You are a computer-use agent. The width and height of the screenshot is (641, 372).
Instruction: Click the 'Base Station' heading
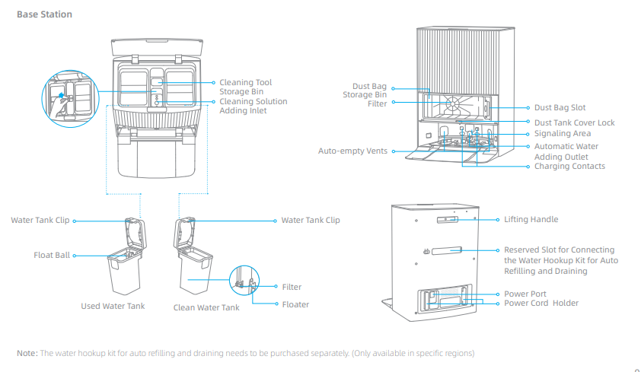[x=44, y=14]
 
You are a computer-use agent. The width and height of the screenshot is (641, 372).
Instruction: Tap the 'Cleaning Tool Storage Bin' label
[x=245, y=87]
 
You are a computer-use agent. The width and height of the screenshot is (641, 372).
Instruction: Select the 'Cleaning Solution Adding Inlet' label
[x=253, y=106]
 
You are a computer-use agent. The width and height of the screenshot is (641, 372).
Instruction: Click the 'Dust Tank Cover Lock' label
[x=574, y=122]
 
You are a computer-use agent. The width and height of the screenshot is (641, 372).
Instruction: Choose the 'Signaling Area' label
[x=562, y=134]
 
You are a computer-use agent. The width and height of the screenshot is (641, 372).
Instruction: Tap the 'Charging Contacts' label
[x=569, y=167]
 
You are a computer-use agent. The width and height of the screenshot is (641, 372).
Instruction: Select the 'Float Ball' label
[x=52, y=256]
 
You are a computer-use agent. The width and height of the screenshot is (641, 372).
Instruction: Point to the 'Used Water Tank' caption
[x=113, y=307]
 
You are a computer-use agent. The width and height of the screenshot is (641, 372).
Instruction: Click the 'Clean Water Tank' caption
[x=206, y=307]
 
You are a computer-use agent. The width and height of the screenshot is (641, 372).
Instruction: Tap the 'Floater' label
[x=295, y=304]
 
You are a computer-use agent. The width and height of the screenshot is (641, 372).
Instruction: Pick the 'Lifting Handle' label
[x=531, y=220]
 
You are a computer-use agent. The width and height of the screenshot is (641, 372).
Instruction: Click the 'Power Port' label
[x=525, y=294]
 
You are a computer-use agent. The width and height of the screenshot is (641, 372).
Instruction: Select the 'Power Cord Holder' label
[x=541, y=304]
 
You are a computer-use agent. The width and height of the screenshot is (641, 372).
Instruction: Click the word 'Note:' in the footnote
[x=27, y=353]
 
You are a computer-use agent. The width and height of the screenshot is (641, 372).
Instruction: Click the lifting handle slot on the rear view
[x=447, y=219]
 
